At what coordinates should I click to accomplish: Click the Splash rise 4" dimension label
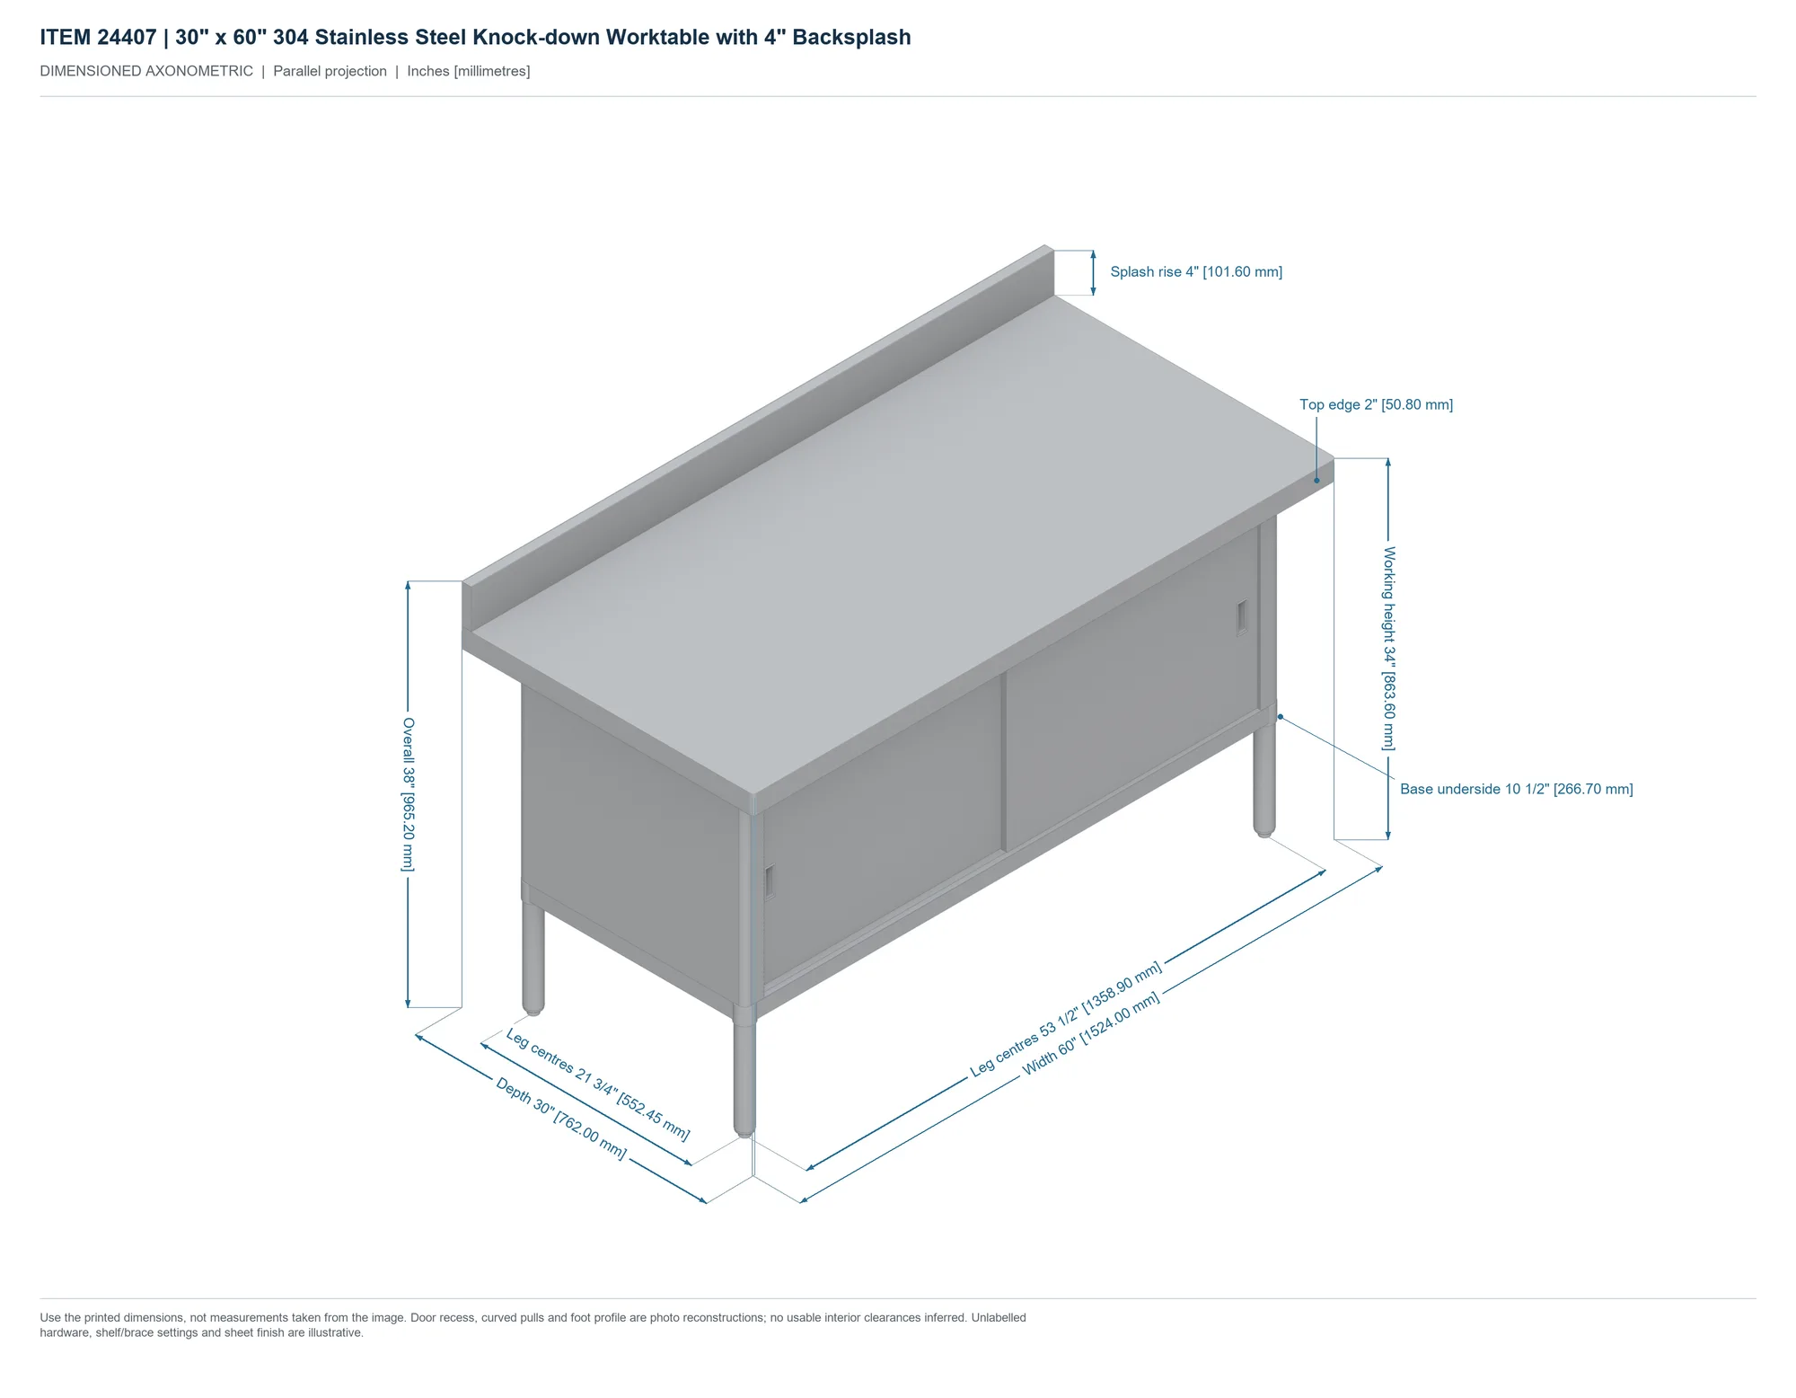pos(1196,272)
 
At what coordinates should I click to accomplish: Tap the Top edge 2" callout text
pos(1376,405)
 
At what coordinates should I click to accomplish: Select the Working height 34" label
pos(1388,649)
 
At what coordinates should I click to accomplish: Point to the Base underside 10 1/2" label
pos(1517,789)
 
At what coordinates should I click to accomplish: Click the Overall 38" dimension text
pos(409,794)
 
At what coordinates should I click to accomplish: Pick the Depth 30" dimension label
pos(561,1118)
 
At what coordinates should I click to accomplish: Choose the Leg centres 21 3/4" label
pos(598,1084)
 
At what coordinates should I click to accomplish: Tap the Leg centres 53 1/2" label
pos(1066,1019)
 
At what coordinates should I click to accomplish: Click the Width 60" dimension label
pos(1091,1033)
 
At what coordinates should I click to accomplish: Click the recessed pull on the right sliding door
pos(1243,617)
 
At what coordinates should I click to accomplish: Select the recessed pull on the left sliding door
pos(770,881)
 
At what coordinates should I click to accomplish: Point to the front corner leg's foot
pos(744,1130)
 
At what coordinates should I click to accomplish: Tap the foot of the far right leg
pos(1264,830)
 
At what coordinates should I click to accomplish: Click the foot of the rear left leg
pos(533,1007)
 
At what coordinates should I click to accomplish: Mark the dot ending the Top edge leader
pos(1317,481)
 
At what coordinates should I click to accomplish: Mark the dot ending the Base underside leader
pos(1281,717)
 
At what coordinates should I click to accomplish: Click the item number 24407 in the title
pos(127,38)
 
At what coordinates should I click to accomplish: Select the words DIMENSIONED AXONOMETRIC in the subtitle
pos(146,72)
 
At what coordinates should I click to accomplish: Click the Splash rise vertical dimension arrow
pos(1093,273)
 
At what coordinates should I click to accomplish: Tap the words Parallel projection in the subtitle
pos(330,72)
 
